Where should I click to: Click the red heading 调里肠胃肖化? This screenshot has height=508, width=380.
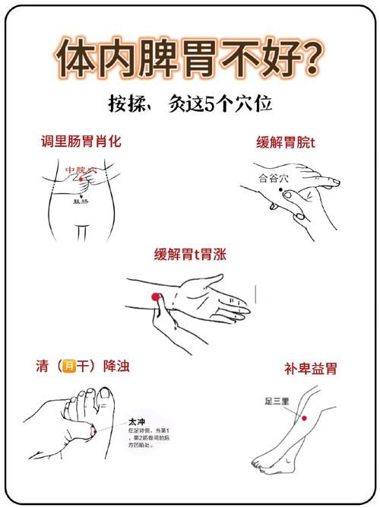point(81,141)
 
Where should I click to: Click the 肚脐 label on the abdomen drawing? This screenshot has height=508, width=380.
point(81,202)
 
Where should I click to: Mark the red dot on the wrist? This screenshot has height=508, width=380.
point(155,296)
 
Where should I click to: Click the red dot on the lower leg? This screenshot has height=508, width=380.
point(304,418)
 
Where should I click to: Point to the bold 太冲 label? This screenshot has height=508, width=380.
point(137,421)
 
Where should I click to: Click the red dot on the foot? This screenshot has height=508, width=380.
point(93,431)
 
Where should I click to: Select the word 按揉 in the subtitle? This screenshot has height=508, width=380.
point(125,103)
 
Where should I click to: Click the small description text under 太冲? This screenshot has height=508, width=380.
point(148,439)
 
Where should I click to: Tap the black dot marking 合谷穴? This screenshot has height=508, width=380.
point(282,194)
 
